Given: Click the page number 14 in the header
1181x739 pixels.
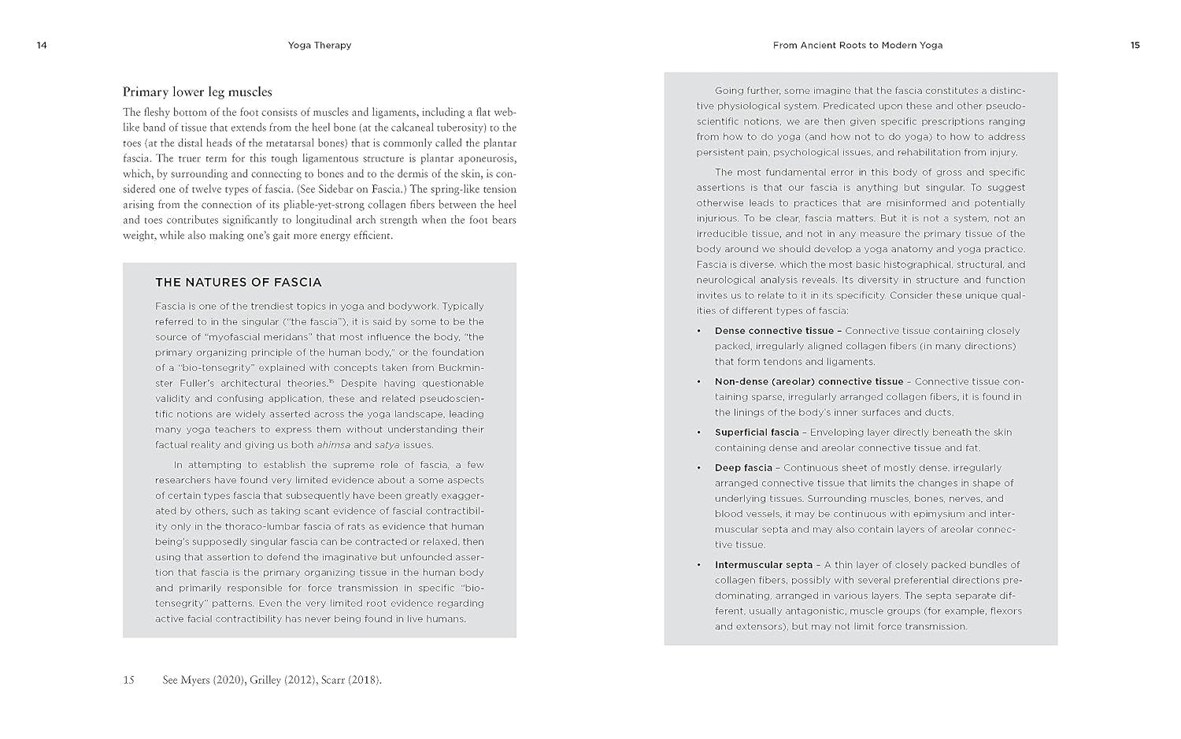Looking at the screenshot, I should (x=42, y=45).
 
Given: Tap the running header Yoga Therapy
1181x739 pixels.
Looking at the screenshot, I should (x=320, y=45).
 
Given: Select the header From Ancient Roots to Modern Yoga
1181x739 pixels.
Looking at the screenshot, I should (x=857, y=45).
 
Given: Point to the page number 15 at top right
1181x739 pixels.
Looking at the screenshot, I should (x=1135, y=45).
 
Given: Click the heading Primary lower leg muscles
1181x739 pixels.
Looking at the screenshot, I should (x=197, y=91).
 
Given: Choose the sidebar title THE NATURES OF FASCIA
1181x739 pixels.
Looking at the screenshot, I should (x=238, y=282).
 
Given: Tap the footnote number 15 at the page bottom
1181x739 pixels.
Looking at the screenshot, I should (x=128, y=680).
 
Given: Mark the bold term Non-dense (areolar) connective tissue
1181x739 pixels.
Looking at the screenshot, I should (x=809, y=381).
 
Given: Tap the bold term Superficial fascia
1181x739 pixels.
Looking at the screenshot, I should (x=757, y=433).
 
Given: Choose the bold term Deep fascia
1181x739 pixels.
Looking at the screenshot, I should (x=743, y=468).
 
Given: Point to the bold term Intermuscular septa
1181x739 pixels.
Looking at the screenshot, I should (x=764, y=565).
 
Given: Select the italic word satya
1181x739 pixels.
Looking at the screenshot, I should (x=387, y=445).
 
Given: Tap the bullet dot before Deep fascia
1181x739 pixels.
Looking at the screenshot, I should (x=698, y=468).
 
